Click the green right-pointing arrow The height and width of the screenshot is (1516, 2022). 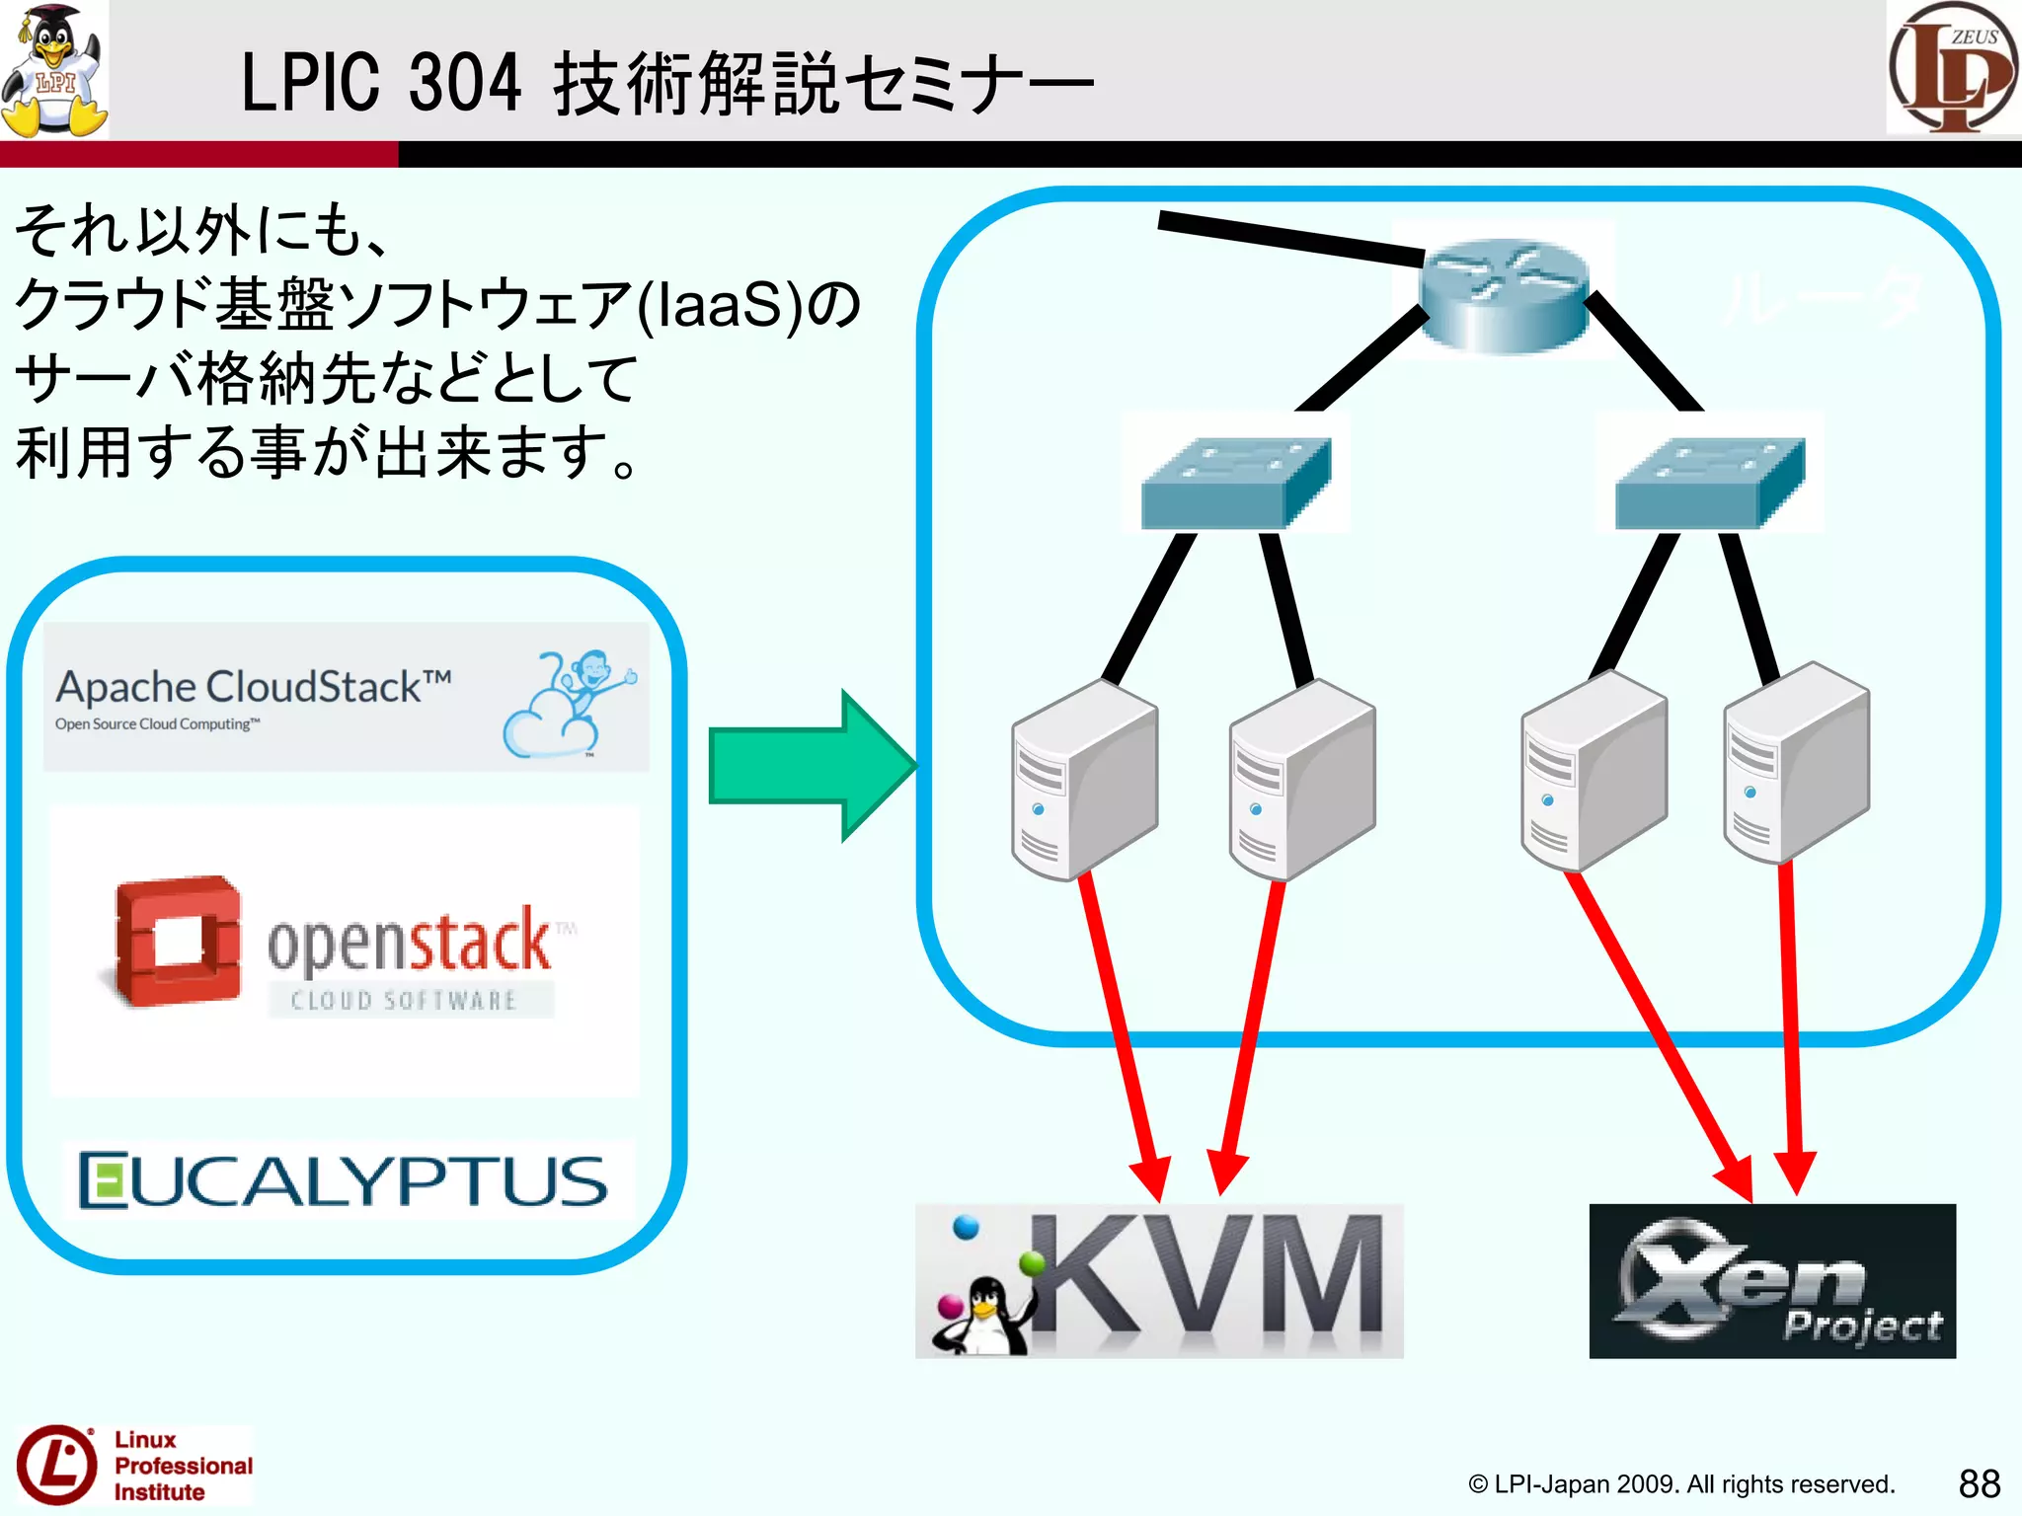[x=810, y=765]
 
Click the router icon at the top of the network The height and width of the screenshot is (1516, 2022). [x=1503, y=293]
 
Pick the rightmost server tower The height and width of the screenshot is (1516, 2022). [x=1795, y=764]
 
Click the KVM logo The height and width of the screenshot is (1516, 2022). [x=1159, y=1281]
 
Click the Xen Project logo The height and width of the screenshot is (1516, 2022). [x=1772, y=1281]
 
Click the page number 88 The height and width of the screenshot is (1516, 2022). [x=1979, y=1483]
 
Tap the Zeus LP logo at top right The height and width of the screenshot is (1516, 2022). [x=1953, y=67]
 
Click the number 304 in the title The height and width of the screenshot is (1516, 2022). [x=464, y=83]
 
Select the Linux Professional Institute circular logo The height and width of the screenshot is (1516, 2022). [x=57, y=1465]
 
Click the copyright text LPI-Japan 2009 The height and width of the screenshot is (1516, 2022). [x=1678, y=1484]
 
